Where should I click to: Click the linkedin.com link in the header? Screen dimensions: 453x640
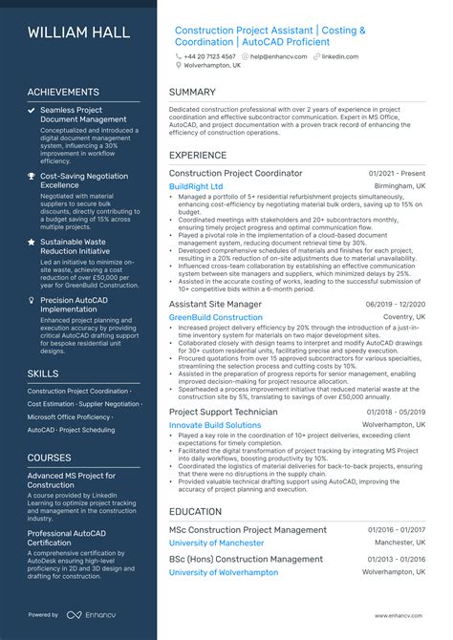click(339, 56)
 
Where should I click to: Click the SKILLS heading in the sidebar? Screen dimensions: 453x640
click(43, 373)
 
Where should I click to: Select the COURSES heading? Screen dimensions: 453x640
click(50, 458)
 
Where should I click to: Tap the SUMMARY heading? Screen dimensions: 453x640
click(193, 93)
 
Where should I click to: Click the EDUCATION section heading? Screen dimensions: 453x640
click(196, 512)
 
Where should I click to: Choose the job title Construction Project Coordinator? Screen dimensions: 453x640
click(235, 174)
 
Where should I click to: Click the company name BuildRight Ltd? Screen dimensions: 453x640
click(196, 186)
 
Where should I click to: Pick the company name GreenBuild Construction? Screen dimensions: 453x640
click(216, 317)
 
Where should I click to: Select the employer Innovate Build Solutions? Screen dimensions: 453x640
click(215, 425)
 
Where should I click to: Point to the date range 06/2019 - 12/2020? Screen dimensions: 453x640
click(396, 305)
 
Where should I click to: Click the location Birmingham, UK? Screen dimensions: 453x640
click(400, 186)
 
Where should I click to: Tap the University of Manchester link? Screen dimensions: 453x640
click(216, 543)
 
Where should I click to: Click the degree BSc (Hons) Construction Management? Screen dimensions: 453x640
click(246, 560)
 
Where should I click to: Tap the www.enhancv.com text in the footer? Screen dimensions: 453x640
click(400, 616)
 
